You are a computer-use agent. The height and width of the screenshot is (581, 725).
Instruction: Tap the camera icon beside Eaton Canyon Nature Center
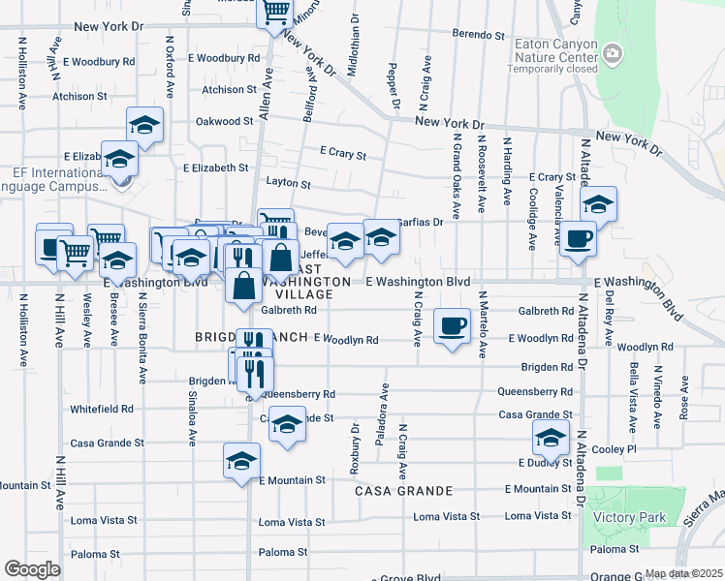[x=612, y=53]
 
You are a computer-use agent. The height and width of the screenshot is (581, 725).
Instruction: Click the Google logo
[x=32, y=569]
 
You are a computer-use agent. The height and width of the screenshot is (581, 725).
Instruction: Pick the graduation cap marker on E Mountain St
[x=241, y=461]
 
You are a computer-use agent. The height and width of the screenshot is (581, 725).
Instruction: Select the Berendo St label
[x=480, y=35]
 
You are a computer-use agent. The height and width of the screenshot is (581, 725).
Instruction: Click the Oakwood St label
[x=224, y=122]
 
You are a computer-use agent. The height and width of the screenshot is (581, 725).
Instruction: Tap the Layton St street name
[x=289, y=184]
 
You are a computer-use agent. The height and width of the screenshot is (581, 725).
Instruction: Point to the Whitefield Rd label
[x=101, y=410]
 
